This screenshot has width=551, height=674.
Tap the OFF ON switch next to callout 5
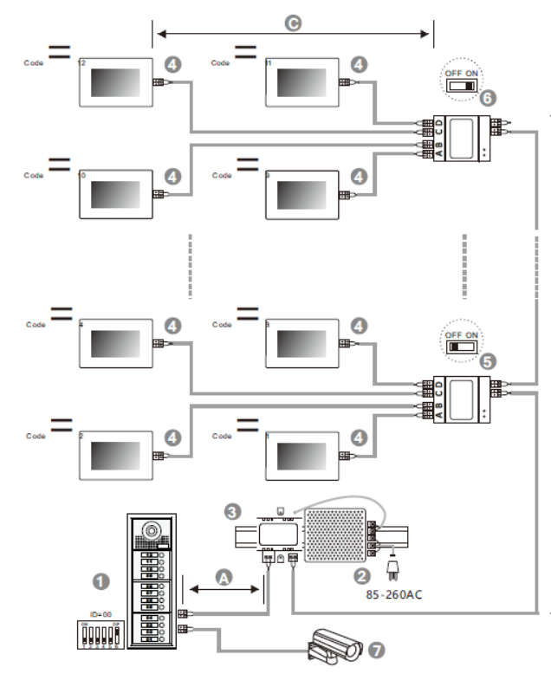pos(459,345)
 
